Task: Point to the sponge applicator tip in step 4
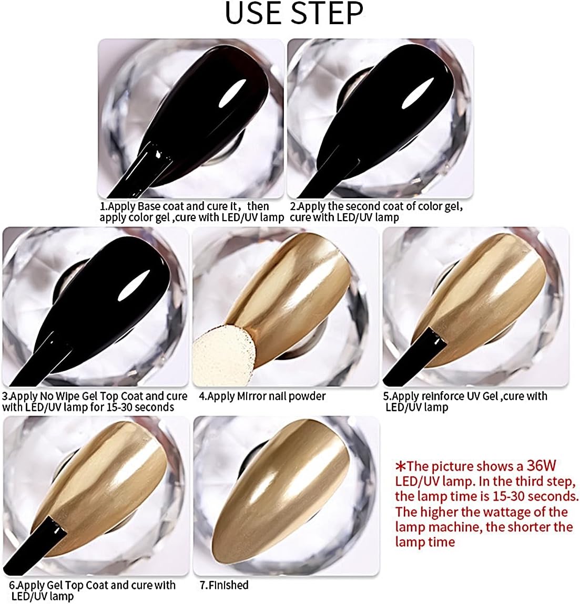[x=223, y=353]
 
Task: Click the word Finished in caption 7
[x=229, y=585]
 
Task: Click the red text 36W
[x=542, y=466]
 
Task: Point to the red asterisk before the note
[x=401, y=466]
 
